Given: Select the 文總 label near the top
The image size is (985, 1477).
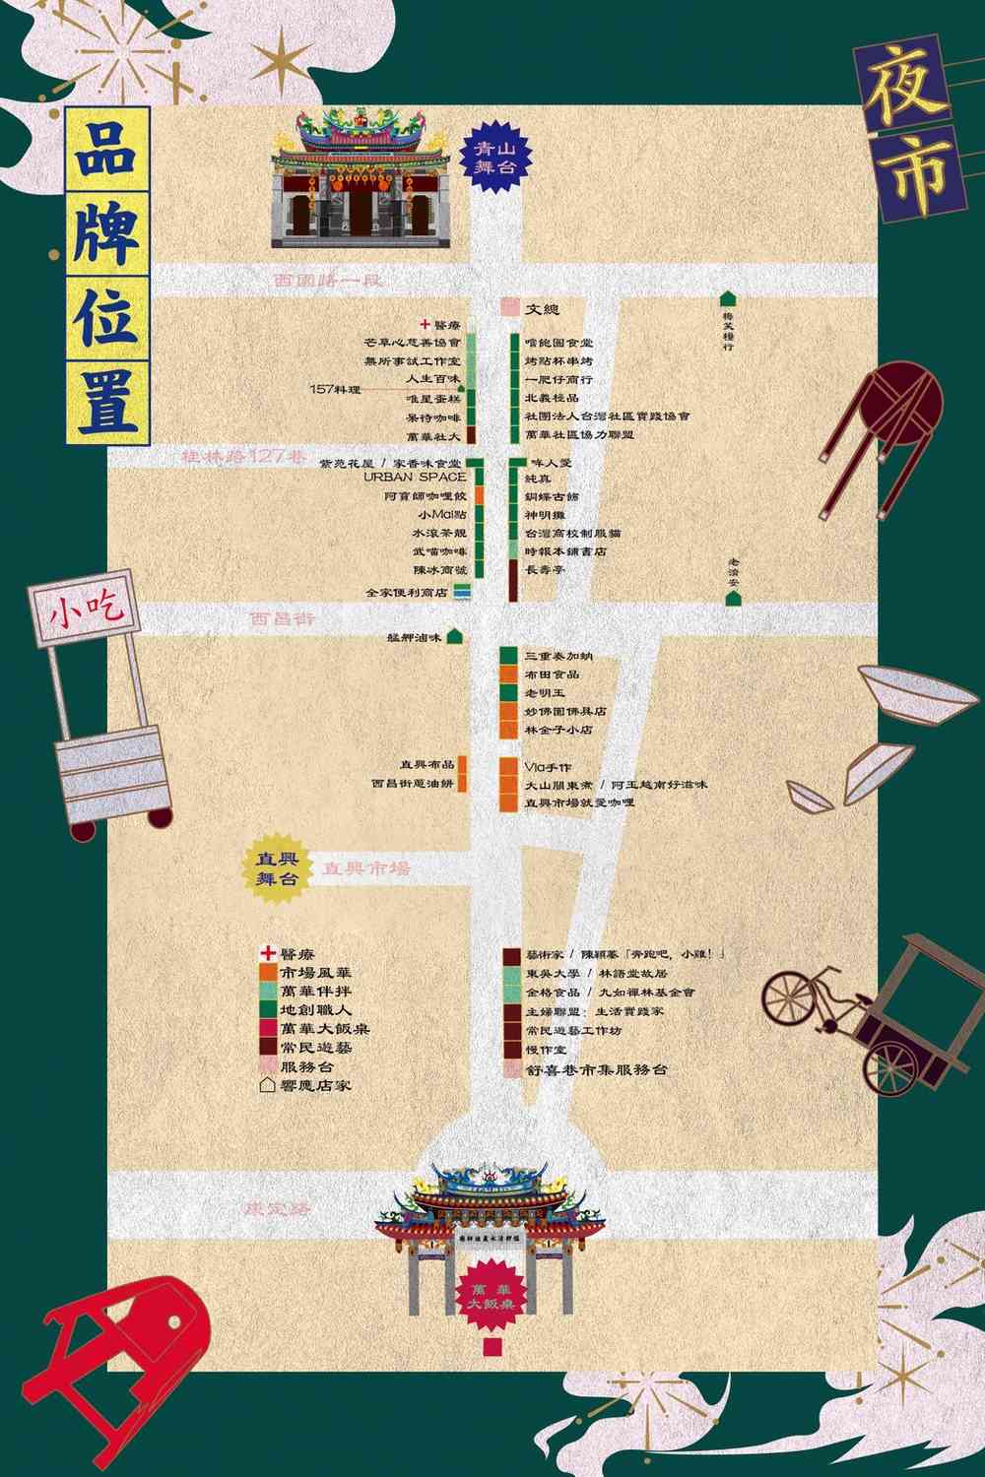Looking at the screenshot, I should (x=542, y=309).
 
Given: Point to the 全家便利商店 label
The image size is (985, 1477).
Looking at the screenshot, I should (x=407, y=593).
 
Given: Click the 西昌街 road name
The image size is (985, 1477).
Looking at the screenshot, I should (x=282, y=619).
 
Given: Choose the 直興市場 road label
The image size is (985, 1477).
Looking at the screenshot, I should (x=367, y=868).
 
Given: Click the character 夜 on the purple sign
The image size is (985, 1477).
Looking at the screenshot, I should (x=903, y=89).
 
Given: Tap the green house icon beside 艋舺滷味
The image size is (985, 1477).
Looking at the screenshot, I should (x=454, y=637).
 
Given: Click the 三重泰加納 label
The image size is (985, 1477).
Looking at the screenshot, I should (x=558, y=656).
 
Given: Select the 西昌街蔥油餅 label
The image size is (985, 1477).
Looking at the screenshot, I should (x=413, y=784).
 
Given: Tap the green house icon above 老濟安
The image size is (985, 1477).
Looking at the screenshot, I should (x=731, y=600).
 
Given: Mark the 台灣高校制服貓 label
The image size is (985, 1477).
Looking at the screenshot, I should (x=572, y=533).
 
